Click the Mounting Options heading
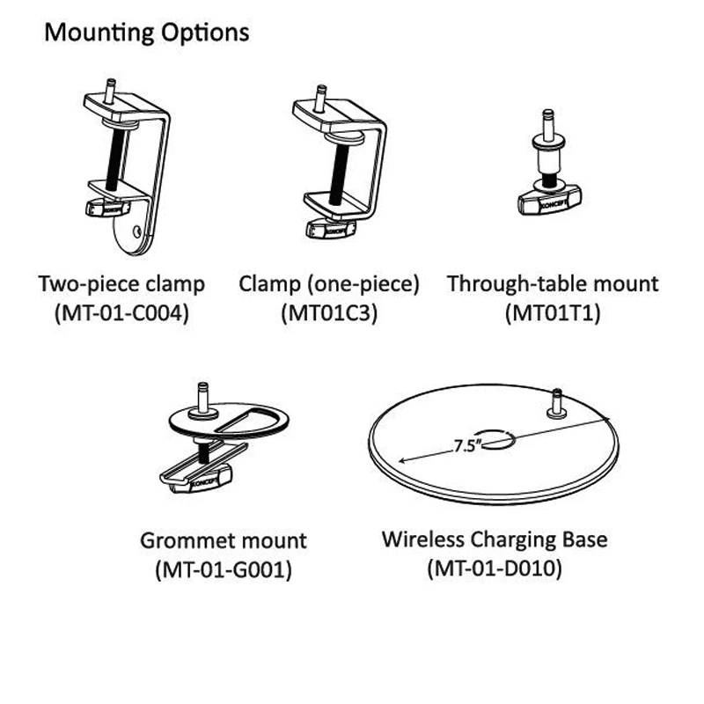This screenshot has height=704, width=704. (146, 33)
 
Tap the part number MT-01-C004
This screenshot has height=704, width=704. (121, 312)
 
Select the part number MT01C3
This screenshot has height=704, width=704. (328, 312)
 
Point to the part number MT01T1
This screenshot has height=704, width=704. (553, 312)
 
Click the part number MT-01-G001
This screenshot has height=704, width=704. (224, 569)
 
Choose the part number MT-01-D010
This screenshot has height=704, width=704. (494, 568)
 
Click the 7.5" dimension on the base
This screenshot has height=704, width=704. (465, 446)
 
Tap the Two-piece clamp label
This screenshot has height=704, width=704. (121, 284)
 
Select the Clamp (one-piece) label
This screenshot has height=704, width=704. (329, 284)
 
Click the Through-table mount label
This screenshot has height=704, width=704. (553, 284)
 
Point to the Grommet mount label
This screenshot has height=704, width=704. (224, 540)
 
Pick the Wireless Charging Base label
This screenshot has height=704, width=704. (495, 539)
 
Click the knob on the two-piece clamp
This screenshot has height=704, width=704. (106, 208)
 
